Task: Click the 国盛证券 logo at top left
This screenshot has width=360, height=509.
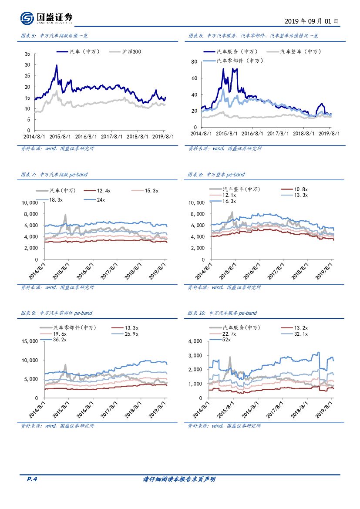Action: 46,18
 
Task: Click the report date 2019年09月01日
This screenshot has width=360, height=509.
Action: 312,21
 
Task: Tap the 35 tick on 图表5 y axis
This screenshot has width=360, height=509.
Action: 27,54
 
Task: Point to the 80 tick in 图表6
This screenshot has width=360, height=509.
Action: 195,62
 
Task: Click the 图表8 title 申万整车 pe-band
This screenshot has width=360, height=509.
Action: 216,175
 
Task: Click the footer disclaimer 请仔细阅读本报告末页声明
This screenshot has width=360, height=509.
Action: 179,479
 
